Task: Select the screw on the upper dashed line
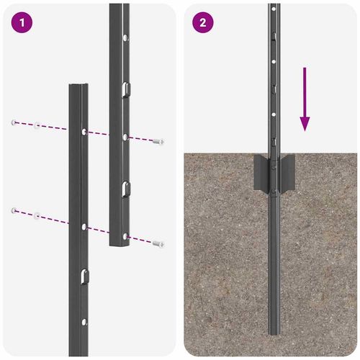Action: [x=158, y=142]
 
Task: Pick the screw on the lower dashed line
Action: [x=158, y=244]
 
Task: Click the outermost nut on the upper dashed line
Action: [x=14, y=123]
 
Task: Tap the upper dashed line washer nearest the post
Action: [x=36, y=126]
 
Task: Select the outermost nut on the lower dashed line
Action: [x=14, y=210]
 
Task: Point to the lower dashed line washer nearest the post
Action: [x=36, y=214]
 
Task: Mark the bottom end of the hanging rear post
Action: [x=119, y=245]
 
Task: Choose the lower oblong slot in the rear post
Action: [x=125, y=189]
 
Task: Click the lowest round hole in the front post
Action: [x=85, y=321]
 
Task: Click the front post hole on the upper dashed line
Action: [x=85, y=132]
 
